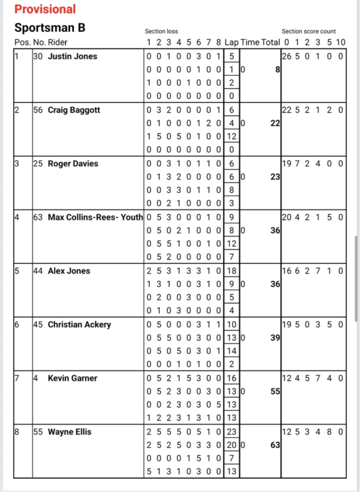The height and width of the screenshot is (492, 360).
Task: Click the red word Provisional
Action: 45,9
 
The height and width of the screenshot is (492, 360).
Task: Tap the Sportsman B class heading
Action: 50,28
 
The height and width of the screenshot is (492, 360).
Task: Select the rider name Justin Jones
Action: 72,56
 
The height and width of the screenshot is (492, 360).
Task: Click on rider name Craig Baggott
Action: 74,110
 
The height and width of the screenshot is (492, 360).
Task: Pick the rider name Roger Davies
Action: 73,164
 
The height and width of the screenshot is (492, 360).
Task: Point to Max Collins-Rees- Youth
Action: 95,217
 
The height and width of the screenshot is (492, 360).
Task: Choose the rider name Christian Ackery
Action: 79,325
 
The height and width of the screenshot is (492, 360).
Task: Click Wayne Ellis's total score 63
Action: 275,445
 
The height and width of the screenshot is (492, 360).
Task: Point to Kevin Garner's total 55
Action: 275,391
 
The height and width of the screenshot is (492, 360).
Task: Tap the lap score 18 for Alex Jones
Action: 232,271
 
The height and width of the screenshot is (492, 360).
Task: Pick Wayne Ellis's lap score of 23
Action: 232,432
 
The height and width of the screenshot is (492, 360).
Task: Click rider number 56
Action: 38,110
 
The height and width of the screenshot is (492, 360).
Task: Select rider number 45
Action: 38,325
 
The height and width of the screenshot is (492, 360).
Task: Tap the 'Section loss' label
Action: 161,31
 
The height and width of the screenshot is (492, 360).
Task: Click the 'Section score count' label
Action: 309,31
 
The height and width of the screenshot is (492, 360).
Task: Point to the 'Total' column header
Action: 270,42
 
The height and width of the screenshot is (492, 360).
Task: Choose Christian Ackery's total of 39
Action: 275,338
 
